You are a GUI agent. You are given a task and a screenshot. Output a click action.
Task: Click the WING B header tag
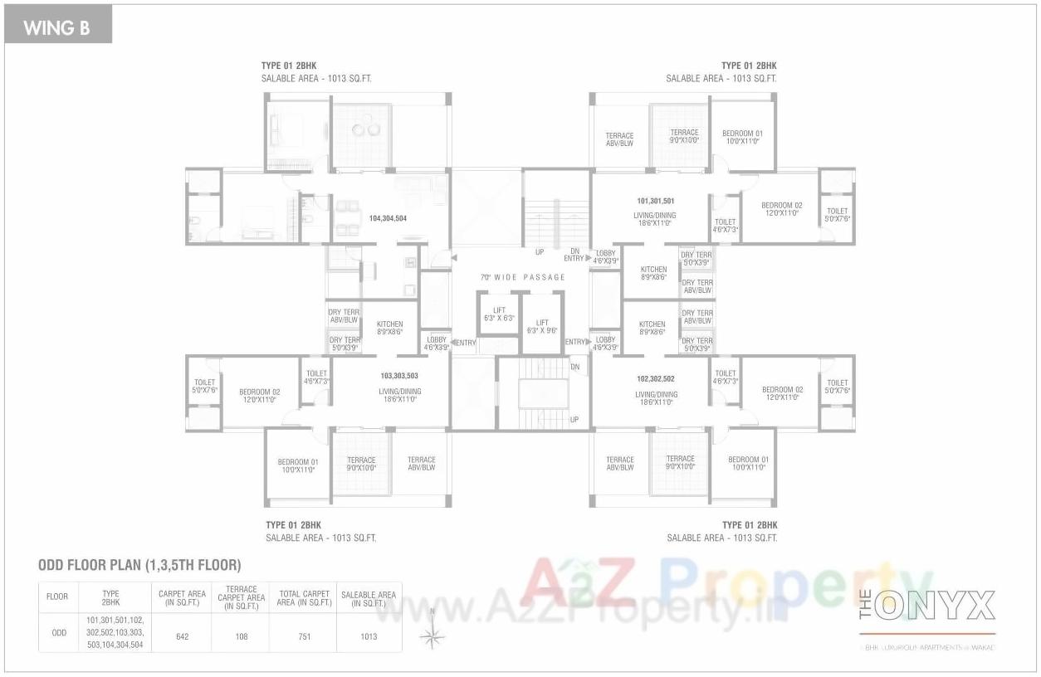[56, 28]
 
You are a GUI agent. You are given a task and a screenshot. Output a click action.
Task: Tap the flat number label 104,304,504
[388, 218]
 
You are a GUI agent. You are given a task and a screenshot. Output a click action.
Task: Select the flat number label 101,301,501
[655, 201]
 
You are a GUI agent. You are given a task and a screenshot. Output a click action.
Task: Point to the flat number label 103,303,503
[399, 376]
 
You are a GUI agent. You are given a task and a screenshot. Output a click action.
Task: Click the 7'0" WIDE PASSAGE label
[523, 277]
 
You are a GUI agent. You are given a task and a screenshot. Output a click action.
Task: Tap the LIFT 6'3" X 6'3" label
[499, 314]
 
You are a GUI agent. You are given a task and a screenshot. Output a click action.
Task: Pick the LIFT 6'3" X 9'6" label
[542, 326]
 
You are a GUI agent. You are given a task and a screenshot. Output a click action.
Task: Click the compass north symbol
[432, 635]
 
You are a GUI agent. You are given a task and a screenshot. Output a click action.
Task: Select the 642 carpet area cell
[182, 636]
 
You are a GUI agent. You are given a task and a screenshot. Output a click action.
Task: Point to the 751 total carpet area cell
[304, 636]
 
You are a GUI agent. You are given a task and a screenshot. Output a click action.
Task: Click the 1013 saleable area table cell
[369, 636]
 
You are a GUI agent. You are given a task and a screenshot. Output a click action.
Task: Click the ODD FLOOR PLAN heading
[139, 566]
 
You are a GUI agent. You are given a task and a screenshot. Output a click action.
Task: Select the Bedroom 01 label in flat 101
[742, 137]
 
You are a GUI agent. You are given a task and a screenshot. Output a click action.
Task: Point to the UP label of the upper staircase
[540, 252]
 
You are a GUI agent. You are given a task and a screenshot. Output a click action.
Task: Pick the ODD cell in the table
[59, 633]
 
